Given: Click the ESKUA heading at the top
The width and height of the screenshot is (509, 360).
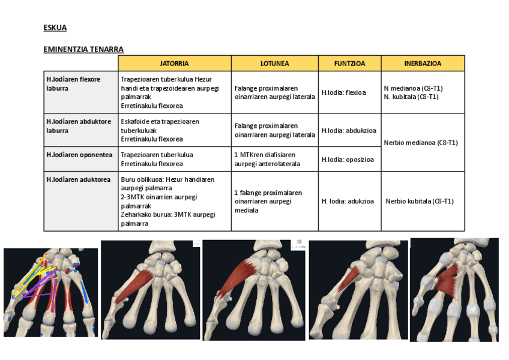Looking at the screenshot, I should pyautogui.click(x=55, y=28).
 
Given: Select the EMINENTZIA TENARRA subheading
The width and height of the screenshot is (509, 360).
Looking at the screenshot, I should pyautogui.click(x=83, y=49).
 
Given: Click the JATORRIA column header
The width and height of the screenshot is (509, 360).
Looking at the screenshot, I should pyautogui.click(x=174, y=63).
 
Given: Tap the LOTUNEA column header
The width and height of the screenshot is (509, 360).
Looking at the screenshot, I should pyautogui.click(x=275, y=63).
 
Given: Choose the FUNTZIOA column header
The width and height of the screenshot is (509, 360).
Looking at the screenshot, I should pyautogui.click(x=349, y=63).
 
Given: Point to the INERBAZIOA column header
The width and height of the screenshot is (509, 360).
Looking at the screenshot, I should pyautogui.click(x=423, y=63).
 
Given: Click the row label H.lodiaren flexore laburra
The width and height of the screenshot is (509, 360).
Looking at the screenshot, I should pyautogui.click(x=73, y=83).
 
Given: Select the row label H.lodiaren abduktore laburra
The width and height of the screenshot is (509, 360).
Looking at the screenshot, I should pyautogui.click(x=79, y=125).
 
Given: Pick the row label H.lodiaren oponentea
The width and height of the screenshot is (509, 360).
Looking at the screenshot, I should pyautogui.click(x=79, y=155).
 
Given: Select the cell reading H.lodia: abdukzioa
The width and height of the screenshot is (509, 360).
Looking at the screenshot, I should pyautogui.click(x=349, y=130).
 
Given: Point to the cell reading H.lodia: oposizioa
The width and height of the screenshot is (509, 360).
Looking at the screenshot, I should pyautogui.click(x=348, y=160).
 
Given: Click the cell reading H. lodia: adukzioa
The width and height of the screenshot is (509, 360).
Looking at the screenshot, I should pyautogui.click(x=348, y=202).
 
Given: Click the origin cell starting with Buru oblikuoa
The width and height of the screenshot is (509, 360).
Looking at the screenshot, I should pyautogui.click(x=167, y=201).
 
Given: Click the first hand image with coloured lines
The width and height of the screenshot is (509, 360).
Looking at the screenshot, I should pyautogui.click(x=50, y=292).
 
